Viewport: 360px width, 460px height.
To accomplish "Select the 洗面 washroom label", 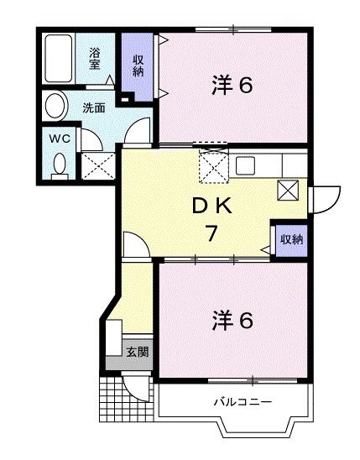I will (x=93, y=107).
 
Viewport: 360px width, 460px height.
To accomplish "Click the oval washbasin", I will (x=55, y=107).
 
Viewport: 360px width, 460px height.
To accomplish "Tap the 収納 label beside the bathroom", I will (x=138, y=64).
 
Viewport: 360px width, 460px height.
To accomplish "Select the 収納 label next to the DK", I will (x=291, y=239).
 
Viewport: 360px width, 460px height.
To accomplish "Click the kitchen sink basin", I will (x=245, y=165).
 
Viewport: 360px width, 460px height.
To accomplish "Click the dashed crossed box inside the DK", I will (x=214, y=167).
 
